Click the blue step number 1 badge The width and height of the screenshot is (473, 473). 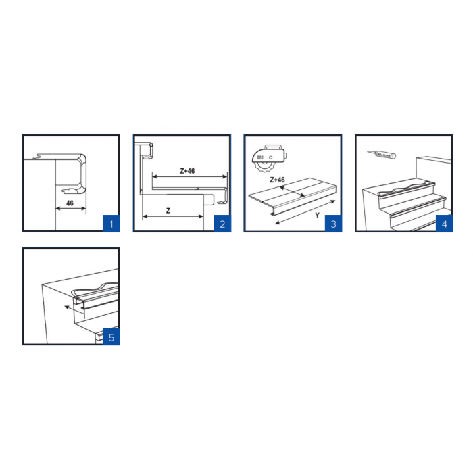111,224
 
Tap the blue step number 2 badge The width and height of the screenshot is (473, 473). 222,224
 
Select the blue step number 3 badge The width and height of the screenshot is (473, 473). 333,224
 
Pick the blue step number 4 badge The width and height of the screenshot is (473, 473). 445,224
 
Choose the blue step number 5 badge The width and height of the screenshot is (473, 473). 111,337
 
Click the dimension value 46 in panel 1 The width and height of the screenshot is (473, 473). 70,203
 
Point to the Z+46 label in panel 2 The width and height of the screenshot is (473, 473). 187,171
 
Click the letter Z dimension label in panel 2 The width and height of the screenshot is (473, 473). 168,211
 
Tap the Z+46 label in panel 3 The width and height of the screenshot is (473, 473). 277,180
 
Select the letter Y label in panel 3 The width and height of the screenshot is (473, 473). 317,216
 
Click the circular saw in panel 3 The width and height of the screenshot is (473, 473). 269,158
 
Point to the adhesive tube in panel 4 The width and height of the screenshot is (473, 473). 382,155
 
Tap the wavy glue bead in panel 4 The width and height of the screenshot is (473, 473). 405,186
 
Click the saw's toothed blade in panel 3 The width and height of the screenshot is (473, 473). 263,166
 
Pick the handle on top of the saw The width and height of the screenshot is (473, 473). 273,147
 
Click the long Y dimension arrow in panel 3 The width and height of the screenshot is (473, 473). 305,213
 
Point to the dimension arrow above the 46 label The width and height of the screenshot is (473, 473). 71,208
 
